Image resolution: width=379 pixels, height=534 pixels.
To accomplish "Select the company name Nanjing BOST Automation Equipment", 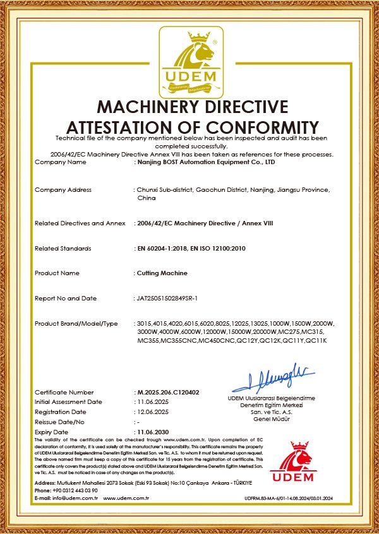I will [206, 162].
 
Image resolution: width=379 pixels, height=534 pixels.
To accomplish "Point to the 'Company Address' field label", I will [63, 189].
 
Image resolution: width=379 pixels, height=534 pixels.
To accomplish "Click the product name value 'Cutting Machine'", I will [162, 273].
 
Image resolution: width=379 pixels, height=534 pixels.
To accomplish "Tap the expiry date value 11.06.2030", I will [153, 431].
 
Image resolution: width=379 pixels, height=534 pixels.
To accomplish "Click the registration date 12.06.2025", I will [153, 412].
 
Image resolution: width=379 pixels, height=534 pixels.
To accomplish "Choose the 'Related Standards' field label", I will [63, 248].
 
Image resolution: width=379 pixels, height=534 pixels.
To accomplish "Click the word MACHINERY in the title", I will [148, 106].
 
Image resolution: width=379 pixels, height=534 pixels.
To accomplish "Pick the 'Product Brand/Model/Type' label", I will [76, 324].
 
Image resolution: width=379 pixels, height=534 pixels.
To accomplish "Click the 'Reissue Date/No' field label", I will [59, 421].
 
